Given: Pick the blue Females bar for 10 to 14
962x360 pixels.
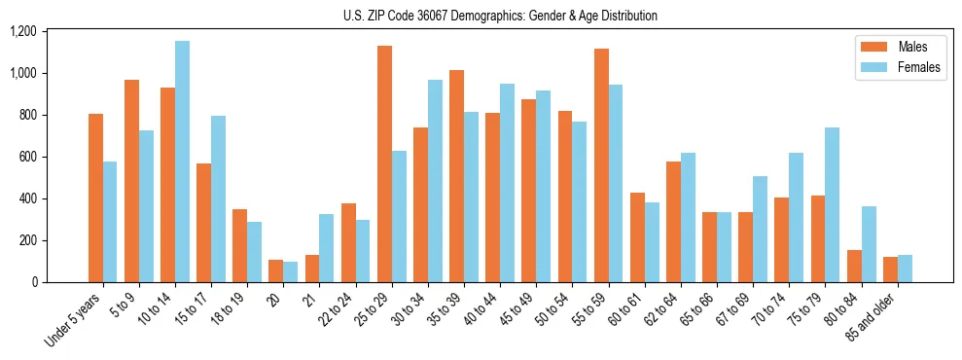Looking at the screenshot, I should pyautogui.click(x=182, y=162).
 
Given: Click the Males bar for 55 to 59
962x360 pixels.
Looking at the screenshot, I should pyautogui.click(x=601, y=165).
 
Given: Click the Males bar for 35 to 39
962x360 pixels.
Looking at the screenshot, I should pyautogui.click(x=456, y=176).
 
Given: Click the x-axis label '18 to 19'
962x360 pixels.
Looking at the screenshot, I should pyautogui.click(x=231, y=307).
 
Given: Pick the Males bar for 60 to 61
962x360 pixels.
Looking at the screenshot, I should pyautogui.click(x=637, y=237).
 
